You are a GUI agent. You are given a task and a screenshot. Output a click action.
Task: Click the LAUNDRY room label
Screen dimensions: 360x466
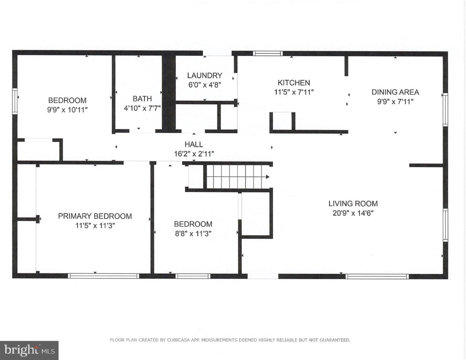point(204,76)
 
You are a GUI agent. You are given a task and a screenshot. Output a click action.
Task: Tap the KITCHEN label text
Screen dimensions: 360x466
point(294,83)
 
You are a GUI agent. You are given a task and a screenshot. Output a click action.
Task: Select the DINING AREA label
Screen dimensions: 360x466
point(395,92)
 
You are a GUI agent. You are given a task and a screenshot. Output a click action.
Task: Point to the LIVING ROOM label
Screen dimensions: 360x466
point(353,204)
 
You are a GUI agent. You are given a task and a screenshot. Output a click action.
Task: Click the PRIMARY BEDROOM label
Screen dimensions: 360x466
point(95,216)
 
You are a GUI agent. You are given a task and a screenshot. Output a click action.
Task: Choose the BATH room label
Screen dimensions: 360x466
point(142,99)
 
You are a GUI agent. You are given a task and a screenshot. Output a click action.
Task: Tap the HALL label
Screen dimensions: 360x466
point(194,144)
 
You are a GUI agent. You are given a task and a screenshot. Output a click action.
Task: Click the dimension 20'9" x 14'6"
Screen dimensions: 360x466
point(353,213)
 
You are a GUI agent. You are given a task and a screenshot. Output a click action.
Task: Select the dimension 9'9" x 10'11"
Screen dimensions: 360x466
point(67,110)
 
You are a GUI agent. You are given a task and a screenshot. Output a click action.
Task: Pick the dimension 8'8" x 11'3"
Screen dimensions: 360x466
point(193,234)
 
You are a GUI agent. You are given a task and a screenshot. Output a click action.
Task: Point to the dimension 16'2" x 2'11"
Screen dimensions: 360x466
point(194,154)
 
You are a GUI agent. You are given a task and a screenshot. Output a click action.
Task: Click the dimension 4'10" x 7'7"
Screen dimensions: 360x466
point(142,108)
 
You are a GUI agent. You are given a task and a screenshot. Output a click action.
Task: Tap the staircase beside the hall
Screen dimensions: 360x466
point(234,177)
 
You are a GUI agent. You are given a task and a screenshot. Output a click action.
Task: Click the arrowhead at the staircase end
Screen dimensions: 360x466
point(268,177)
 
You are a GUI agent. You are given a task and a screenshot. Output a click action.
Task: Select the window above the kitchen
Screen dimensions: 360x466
point(268,53)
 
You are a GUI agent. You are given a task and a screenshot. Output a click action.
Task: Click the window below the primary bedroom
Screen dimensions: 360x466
point(103,276)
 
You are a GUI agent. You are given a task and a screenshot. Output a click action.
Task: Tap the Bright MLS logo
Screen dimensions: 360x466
point(29,350)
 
